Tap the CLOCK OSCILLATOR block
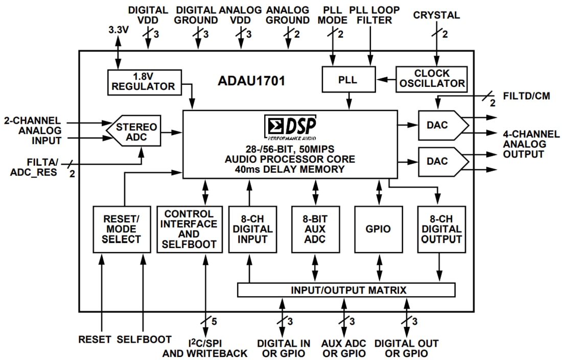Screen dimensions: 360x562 pos(432,78)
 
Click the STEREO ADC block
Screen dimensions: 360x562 pos(135,132)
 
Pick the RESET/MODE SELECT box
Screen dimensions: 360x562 pos(117,229)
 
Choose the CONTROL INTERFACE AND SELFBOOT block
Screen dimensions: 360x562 pos(190,229)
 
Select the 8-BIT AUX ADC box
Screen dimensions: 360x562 pos(315,229)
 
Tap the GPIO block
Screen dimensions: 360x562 pos(378,229)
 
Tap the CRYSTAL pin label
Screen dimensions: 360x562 pos(436,15)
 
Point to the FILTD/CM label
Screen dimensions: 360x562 pos(526,96)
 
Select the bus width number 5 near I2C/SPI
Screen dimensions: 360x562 pos(215,322)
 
